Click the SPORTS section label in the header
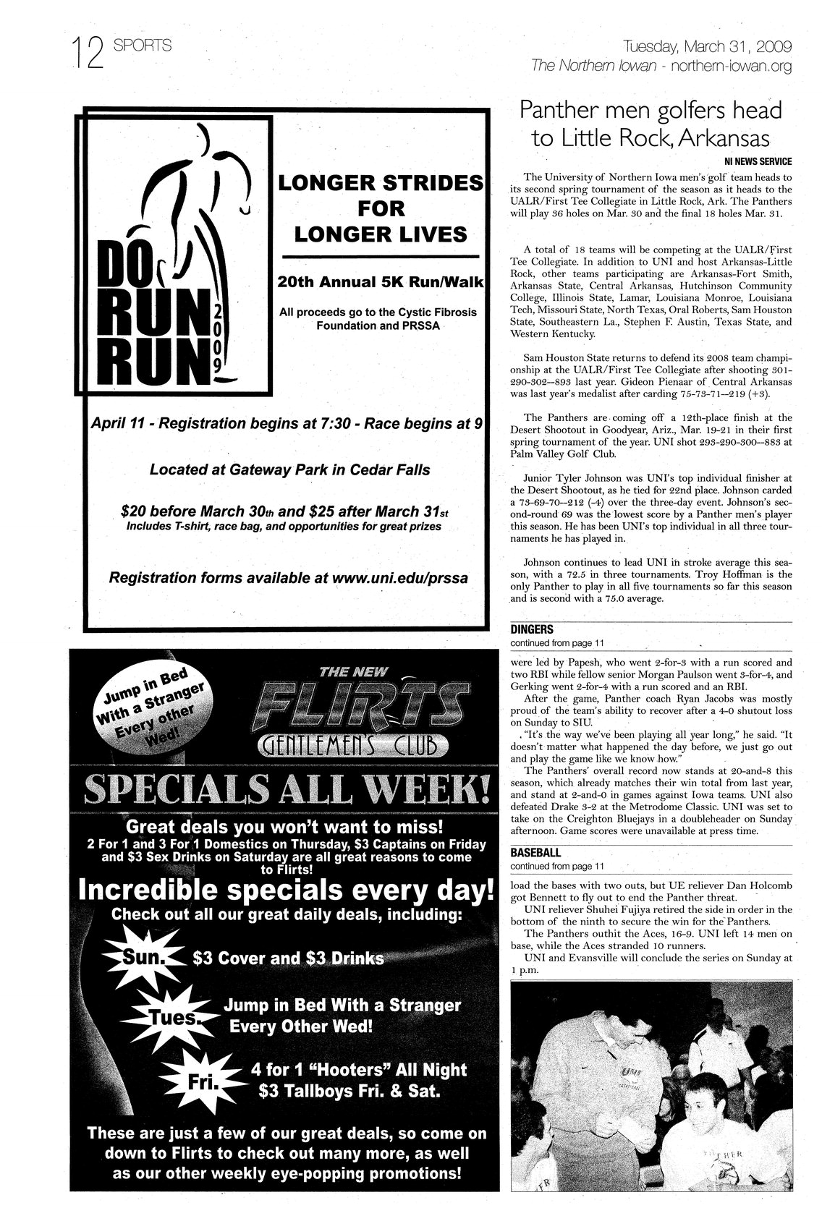143,46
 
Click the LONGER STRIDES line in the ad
381,184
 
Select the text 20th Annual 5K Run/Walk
381,281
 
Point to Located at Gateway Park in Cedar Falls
289,469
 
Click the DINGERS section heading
531,629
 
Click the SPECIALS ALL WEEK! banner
286,791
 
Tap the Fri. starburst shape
197,1081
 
